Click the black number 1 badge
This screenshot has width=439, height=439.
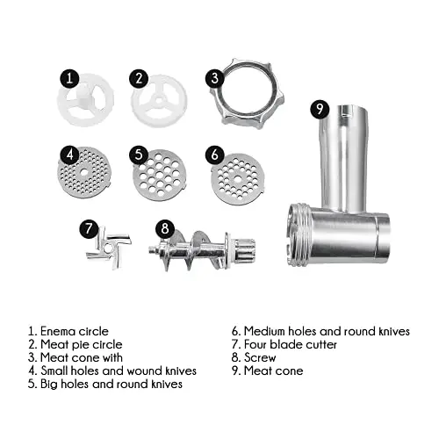click(x=69, y=78)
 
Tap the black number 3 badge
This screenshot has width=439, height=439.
click(x=215, y=78)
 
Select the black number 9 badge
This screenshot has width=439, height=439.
click(x=320, y=109)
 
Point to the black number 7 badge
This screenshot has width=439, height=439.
click(x=89, y=228)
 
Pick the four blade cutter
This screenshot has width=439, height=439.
click(x=109, y=248)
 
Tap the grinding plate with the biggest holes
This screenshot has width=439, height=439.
click(x=160, y=175)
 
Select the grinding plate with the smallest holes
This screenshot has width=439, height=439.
click(x=84, y=173)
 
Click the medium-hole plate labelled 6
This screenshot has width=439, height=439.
click(x=237, y=178)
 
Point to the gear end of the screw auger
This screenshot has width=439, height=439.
click(x=245, y=250)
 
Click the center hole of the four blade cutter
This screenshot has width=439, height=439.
click(x=108, y=248)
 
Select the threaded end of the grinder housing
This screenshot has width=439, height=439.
click(x=299, y=235)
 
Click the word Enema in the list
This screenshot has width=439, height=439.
click(x=58, y=331)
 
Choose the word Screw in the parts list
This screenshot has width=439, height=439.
click(x=260, y=357)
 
